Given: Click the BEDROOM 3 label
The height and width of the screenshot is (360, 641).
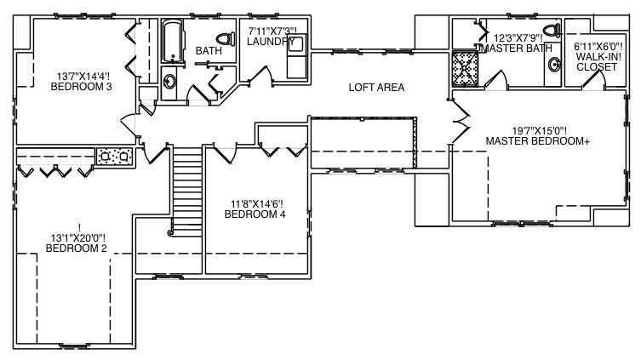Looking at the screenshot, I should [x=81, y=86].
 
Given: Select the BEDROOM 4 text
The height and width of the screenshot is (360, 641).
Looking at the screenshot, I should [x=255, y=214].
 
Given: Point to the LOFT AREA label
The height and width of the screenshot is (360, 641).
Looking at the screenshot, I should [x=376, y=88].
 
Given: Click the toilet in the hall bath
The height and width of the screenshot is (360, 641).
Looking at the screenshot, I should [x=226, y=38].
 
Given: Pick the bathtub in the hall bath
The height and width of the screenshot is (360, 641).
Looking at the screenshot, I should [x=174, y=41].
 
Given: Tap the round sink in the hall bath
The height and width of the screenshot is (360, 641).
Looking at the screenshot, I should [x=169, y=83].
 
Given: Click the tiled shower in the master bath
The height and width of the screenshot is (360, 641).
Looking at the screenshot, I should [x=466, y=66].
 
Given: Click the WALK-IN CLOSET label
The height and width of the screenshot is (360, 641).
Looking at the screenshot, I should [x=597, y=56].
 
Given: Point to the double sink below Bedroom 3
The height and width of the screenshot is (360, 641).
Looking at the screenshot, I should [x=115, y=156].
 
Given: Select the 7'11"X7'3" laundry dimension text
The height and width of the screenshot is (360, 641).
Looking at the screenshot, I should [x=272, y=31].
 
